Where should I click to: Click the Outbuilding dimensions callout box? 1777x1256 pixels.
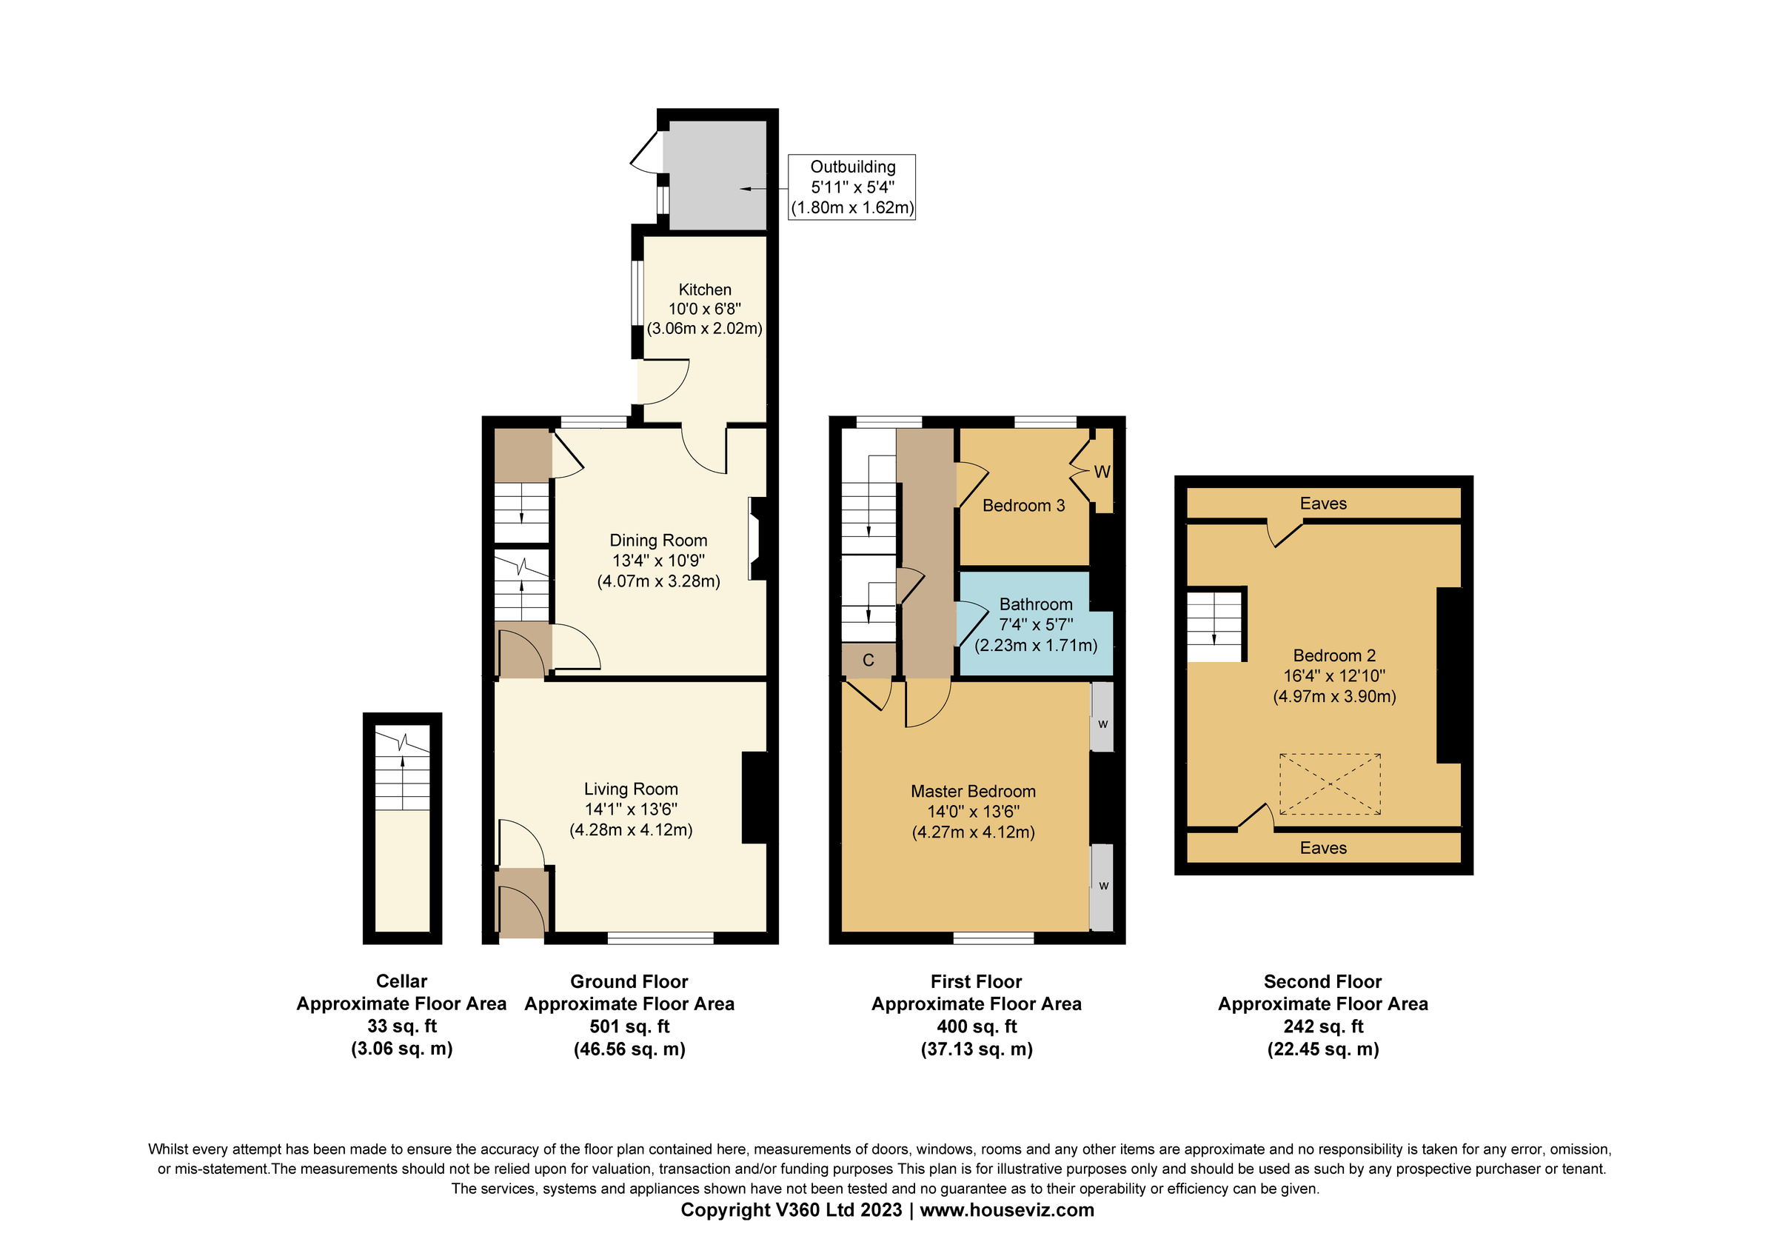(x=851, y=187)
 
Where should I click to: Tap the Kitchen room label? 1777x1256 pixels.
(x=704, y=290)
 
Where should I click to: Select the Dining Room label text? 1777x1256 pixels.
(x=658, y=540)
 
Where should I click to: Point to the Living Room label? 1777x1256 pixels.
(x=631, y=789)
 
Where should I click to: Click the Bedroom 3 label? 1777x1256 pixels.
(x=1023, y=505)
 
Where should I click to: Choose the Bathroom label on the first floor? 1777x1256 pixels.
(x=1036, y=604)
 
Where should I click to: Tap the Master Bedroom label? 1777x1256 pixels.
(x=973, y=791)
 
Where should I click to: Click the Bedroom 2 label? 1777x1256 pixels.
(x=1334, y=655)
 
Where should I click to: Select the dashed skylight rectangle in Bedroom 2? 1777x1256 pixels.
(x=1330, y=784)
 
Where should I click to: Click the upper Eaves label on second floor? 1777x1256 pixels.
(x=1322, y=504)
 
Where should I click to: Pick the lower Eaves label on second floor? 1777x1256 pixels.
(x=1322, y=847)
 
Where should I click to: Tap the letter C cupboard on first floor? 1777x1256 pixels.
(x=869, y=660)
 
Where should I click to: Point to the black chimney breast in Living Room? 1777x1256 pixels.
(x=754, y=797)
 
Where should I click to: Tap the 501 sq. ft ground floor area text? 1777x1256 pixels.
(x=629, y=1026)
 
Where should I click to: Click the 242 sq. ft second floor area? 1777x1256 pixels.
(x=1322, y=1026)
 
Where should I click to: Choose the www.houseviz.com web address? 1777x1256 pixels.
(x=1006, y=1209)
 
